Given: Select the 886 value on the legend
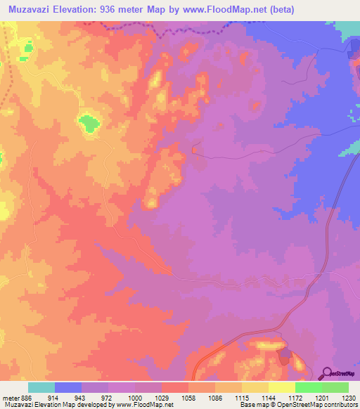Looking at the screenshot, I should tap(22, 398).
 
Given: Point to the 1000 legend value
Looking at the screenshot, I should tap(135, 398).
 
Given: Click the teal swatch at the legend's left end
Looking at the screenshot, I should tap(41, 387).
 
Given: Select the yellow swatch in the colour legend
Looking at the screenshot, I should tap(281, 387).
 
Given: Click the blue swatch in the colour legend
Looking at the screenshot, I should tap(68, 387).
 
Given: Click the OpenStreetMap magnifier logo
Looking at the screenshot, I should tap(326, 374).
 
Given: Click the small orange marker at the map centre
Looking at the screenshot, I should tap(195, 149).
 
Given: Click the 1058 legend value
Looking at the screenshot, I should tap(188, 398).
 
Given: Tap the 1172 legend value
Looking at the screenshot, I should tap(295, 398).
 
